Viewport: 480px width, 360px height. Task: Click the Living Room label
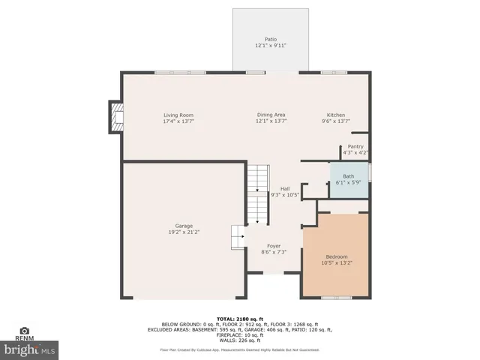173,115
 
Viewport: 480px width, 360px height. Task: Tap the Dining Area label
271,115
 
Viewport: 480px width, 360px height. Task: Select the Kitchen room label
335,115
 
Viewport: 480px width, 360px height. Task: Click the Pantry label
355,146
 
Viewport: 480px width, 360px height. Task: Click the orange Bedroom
336,255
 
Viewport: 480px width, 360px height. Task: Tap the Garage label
184,226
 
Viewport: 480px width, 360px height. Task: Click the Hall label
285,188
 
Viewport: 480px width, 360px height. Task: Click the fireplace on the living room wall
115,118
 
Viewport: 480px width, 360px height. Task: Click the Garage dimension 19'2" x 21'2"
184,232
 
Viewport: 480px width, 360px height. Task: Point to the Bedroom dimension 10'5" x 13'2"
337,263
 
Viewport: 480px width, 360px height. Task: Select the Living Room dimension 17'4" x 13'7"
173,121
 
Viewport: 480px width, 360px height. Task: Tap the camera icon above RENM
24,330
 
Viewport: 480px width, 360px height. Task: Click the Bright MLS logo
30,349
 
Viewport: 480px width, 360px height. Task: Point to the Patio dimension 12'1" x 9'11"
270,45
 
